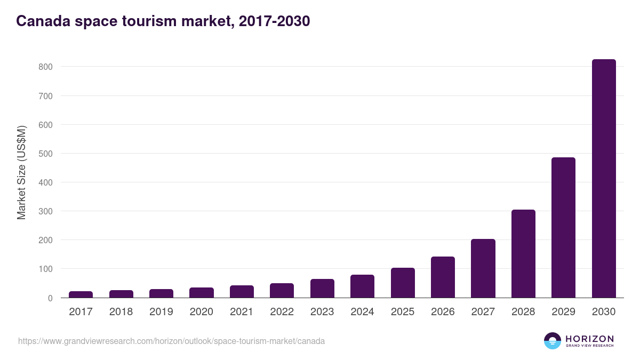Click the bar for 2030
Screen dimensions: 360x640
click(x=604, y=179)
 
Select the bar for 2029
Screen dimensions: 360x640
click(x=563, y=228)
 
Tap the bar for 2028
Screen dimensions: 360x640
click(x=523, y=254)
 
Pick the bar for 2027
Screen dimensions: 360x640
click(x=483, y=268)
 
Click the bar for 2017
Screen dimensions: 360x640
click(x=81, y=294)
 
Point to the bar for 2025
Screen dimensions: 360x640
click(x=403, y=283)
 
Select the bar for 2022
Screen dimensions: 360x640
click(x=282, y=291)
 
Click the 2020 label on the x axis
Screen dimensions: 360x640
click(x=201, y=312)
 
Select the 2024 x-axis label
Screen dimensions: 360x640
click(x=362, y=312)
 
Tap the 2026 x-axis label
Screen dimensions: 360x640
click(x=443, y=312)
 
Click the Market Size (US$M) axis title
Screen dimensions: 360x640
click(x=22, y=173)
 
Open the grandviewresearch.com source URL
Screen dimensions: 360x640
click(x=171, y=341)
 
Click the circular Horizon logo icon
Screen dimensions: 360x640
click(x=553, y=341)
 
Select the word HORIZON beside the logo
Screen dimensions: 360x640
click(x=589, y=339)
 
